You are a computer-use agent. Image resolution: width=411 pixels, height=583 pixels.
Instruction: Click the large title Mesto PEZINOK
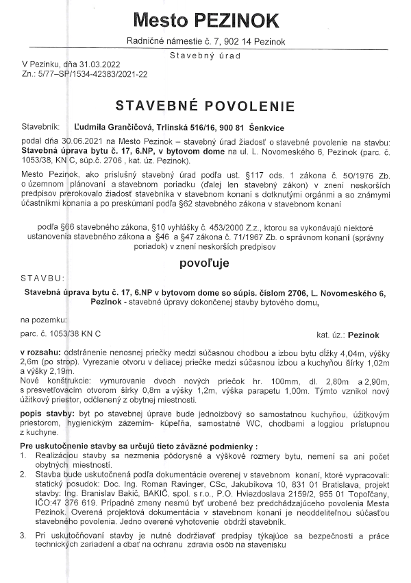coord(206,19)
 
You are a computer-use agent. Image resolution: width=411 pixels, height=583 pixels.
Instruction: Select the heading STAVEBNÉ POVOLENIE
coord(205,106)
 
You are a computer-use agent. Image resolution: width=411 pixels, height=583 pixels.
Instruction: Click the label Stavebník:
coord(41,128)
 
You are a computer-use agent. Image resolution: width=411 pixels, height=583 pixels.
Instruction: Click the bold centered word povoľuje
coord(205,263)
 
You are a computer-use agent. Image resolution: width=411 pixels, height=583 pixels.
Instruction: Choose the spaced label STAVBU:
coord(42,278)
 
